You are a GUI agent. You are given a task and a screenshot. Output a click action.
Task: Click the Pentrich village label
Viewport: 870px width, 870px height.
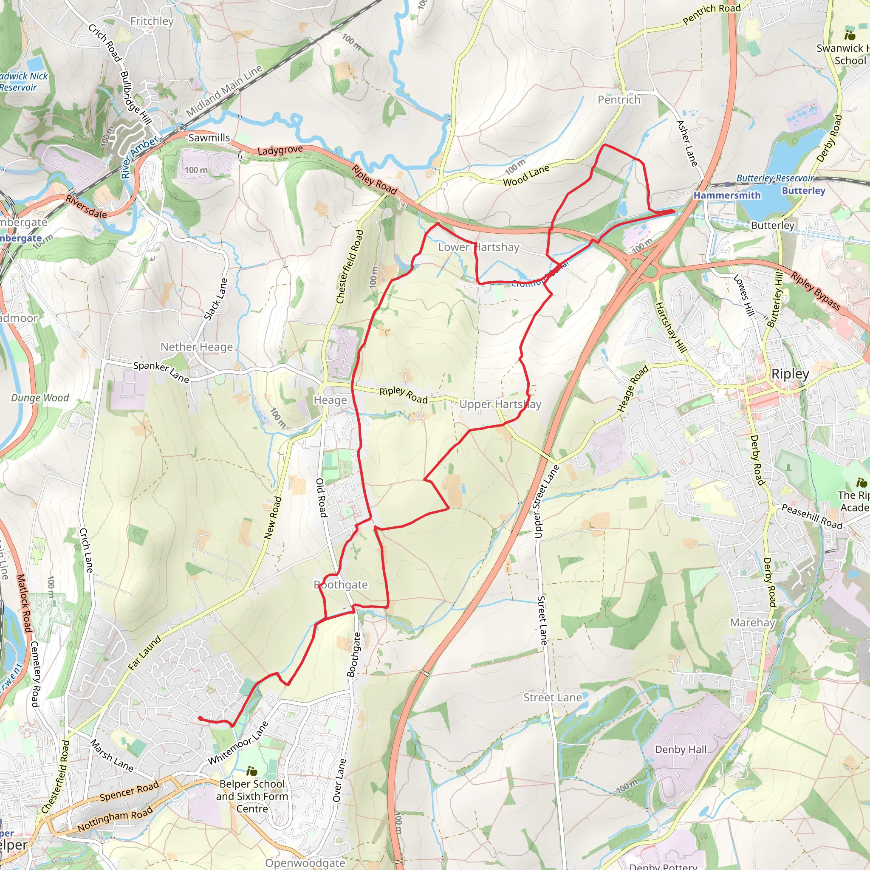[x=619, y=99]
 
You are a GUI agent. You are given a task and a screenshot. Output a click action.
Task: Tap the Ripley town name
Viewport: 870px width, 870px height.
[x=790, y=374]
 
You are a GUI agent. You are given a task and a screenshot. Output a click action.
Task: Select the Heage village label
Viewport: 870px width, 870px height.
[x=330, y=400]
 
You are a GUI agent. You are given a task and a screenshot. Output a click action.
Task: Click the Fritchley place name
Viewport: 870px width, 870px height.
[x=152, y=21]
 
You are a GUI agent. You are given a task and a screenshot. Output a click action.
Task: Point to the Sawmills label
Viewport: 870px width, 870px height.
[x=209, y=137]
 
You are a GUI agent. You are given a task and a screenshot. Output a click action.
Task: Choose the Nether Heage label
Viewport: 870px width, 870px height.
[x=197, y=347]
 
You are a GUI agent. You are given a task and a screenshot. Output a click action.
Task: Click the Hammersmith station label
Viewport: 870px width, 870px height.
[x=727, y=195]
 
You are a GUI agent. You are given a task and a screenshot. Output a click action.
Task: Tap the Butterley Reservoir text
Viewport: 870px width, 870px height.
[x=774, y=178]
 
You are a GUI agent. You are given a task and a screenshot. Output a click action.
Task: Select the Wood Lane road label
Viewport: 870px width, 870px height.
[x=526, y=175]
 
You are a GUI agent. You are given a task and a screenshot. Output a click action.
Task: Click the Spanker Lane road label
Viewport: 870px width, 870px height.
[x=161, y=372]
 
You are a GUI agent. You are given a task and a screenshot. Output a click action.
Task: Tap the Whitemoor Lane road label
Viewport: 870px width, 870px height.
[x=238, y=743]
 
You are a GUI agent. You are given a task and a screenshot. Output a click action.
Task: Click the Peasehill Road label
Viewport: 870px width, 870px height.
[x=811, y=516]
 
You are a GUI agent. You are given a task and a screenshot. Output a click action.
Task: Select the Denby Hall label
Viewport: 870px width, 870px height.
[x=681, y=749]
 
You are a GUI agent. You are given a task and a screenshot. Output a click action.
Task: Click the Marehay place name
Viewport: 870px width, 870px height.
[x=752, y=622]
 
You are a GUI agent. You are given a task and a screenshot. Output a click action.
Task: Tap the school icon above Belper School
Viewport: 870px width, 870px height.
[x=252, y=771]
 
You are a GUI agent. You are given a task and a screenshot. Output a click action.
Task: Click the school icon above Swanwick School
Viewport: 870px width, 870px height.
[x=850, y=35]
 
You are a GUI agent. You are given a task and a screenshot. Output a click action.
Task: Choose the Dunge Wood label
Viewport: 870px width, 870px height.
[x=40, y=398]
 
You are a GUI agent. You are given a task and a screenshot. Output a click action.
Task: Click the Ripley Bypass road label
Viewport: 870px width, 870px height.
[x=816, y=291]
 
